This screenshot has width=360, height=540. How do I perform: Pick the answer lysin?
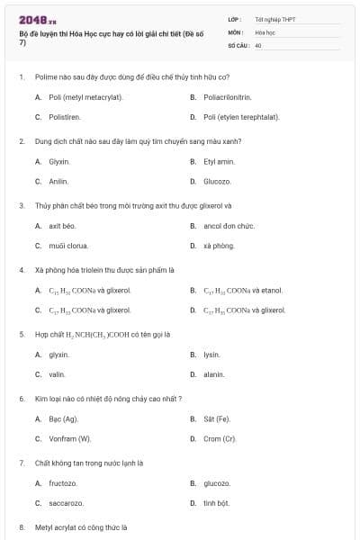212,355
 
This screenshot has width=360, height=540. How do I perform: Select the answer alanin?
214,374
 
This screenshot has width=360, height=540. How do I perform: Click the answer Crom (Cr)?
220,439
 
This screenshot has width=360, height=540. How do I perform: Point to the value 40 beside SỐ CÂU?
258,44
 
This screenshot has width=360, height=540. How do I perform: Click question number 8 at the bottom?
21,527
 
